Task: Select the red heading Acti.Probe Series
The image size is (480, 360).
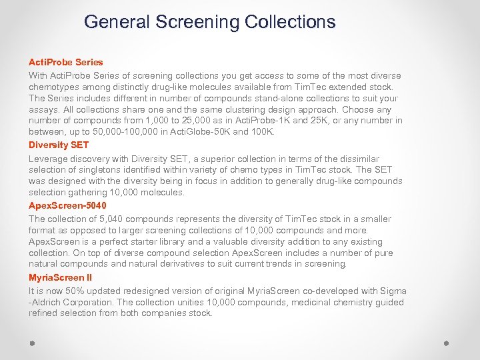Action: point(66,62)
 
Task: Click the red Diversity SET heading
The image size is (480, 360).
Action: point(59,145)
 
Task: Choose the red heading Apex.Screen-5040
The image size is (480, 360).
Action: point(67,205)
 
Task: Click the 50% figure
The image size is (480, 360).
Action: point(71,291)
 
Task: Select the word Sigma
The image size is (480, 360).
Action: point(392,291)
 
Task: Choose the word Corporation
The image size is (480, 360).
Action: point(85,303)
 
